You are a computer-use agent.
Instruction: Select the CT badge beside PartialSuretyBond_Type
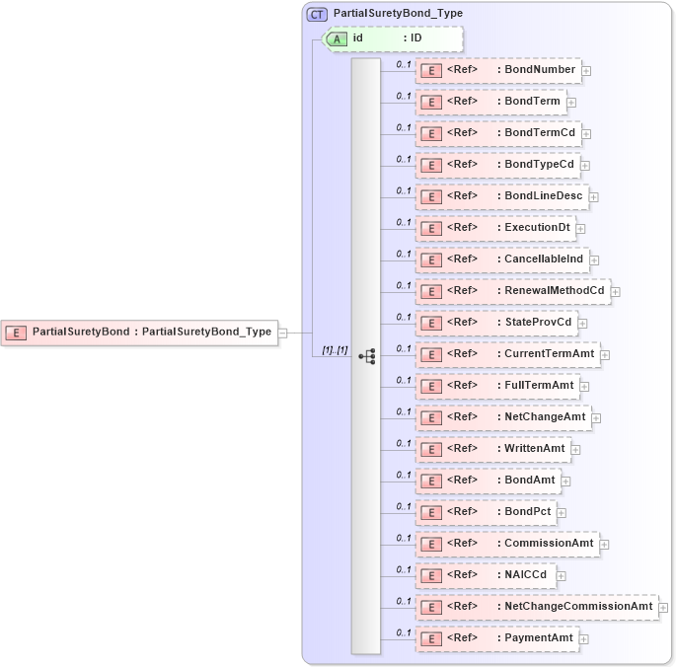pyautogui.click(x=318, y=14)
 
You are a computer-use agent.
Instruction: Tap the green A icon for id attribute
pyautogui.click(x=337, y=38)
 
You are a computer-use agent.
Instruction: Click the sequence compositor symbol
pyautogui.click(x=366, y=355)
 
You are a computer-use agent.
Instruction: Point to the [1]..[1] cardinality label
pyautogui.click(x=336, y=350)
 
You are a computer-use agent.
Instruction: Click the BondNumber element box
pyautogui.click(x=497, y=70)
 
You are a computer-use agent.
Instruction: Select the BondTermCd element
pyautogui.click(x=497, y=133)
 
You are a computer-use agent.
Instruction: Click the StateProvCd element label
pyautogui.click(x=538, y=323)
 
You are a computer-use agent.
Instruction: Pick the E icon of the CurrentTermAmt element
pyautogui.click(x=430, y=354)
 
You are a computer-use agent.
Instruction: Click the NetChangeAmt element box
pyautogui.click(x=503, y=417)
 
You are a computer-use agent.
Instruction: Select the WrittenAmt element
pyautogui.click(x=492, y=449)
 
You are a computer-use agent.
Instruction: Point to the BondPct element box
pyautogui.click(x=486, y=512)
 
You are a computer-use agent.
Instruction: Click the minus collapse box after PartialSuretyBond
pyautogui.click(x=283, y=333)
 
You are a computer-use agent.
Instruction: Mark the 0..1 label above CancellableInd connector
pyautogui.click(x=404, y=254)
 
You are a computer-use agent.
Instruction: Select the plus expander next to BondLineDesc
pyautogui.click(x=594, y=197)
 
